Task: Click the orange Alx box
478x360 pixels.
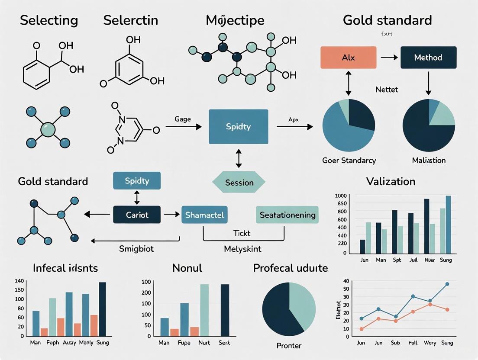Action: [x=348, y=58]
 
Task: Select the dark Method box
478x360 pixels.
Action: [x=428, y=58]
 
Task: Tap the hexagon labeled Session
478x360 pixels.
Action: [x=239, y=182]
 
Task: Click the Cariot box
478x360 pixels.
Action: [x=137, y=215]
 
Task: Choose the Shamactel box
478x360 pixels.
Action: [x=204, y=215]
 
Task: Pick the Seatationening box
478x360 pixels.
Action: [x=287, y=215]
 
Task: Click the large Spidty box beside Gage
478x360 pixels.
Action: [x=238, y=127]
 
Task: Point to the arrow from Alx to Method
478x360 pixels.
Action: [x=388, y=58]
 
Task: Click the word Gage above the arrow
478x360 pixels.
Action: [x=182, y=119]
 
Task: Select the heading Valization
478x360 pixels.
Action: [x=391, y=181]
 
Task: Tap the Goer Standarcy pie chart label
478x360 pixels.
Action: [x=349, y=160]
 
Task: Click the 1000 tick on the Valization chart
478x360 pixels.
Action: [x=341, y=196]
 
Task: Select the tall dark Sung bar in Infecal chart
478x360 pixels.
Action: [x=102, y=309]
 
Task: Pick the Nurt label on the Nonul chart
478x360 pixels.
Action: [x=204, y=343]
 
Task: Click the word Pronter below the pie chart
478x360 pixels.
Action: [x=288, y=346]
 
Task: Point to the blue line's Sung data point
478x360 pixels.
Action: [x=447, y=284]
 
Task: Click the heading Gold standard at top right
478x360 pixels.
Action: [x=387, y=20]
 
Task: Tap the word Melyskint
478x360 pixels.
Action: [x=242, y=249]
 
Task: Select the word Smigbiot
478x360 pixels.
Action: [x=136, y=249]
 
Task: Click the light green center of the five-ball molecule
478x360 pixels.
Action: [x=48, y=129]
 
